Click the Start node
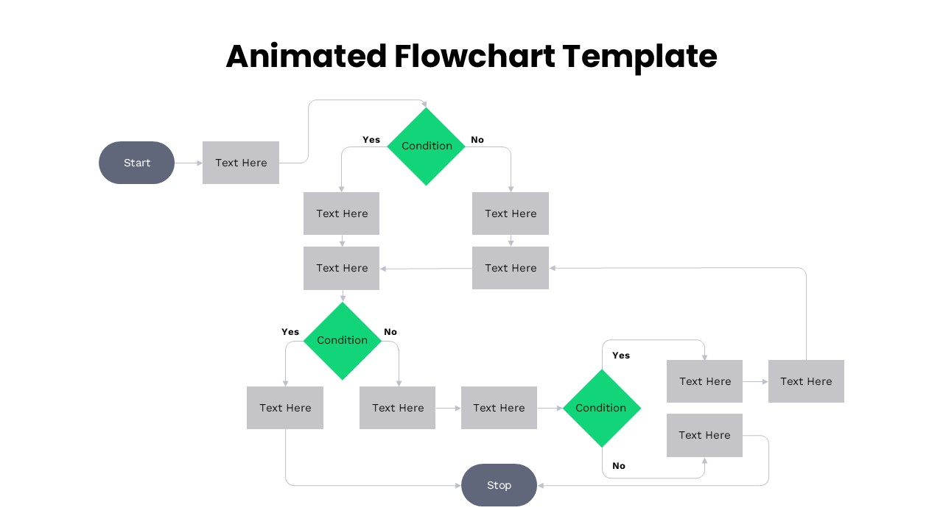pos(136,163)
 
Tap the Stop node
pos(499,485)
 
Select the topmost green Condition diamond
pos(426,146)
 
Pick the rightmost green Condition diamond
pos(601,408)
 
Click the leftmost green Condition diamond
pos(342,340)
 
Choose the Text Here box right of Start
pos(241,163)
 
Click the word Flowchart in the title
pos(474,56)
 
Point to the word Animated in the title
pos(306,56)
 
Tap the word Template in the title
pos(639,56)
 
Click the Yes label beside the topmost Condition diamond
pos(371,140)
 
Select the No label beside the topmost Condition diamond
pos(477,140)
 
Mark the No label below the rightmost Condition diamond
pos(619,466)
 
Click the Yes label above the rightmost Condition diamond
pos(621,356)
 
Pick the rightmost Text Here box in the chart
pos(806,381)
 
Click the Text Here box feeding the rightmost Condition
pos(499,408)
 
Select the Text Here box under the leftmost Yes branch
pos(285,408)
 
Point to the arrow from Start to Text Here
pos(189,163)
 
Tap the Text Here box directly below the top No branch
pos(511,213)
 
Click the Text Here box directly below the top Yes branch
pos(342,213)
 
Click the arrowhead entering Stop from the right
pos(541,485)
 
